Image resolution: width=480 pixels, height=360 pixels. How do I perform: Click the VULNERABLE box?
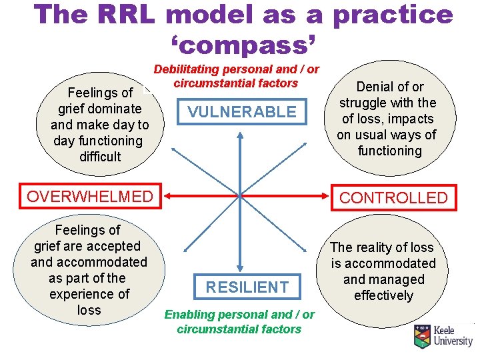(241, 112)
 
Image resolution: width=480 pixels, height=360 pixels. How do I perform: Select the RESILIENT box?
(247, 287)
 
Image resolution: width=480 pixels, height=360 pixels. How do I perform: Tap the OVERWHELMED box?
(89, 196)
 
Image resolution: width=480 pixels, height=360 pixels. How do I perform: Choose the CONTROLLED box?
(393, 197)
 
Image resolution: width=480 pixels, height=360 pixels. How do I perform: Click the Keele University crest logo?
(422, 337)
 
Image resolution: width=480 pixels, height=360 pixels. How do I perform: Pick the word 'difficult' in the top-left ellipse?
(100, 157)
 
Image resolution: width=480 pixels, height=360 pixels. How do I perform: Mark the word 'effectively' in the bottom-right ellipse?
(383, 295)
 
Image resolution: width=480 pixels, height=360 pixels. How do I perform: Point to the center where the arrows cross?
(239, 196)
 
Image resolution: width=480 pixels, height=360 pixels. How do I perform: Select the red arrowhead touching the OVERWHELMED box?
(167, 196)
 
